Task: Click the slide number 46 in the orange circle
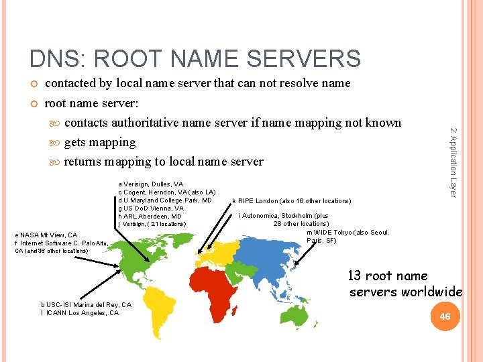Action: (445, 316)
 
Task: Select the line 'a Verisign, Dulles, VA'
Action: (150, 184)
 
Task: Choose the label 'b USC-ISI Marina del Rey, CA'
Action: (86, 305)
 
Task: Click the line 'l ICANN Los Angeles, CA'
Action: (79, 313)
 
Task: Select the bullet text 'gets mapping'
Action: (99, 142)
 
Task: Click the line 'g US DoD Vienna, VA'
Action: (150, 208)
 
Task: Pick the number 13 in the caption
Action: (354, 276)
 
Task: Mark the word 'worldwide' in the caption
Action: (432, 292)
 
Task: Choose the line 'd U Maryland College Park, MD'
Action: (165, 200)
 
